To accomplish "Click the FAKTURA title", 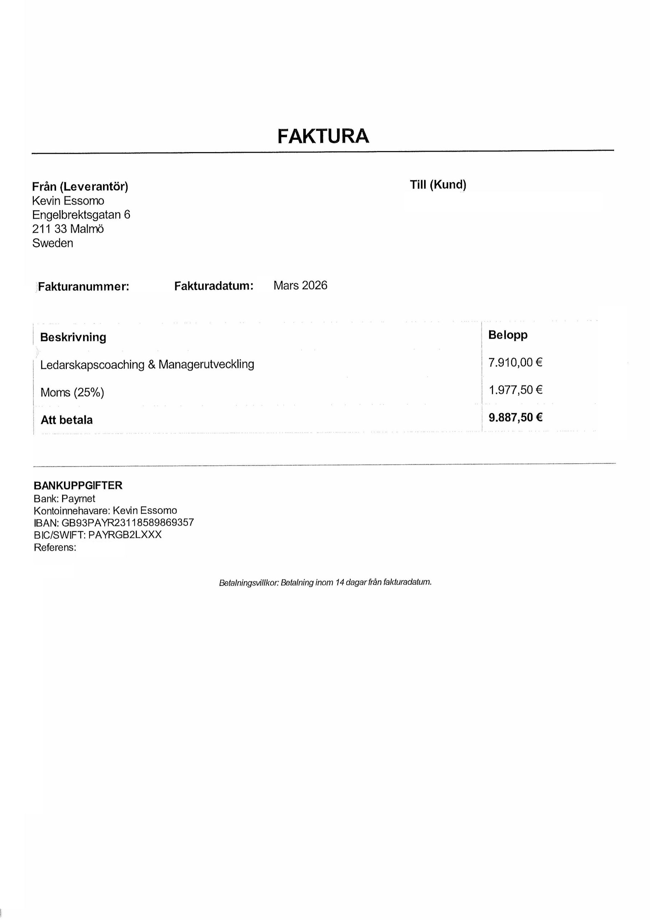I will tap(323, 136).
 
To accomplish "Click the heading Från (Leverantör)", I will tap(80, 186).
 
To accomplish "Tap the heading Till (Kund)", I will tap(438, 185).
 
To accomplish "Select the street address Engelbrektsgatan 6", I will tap(81, 215).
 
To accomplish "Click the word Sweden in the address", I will tap(52, 243).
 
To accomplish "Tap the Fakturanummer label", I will tap(83, 286).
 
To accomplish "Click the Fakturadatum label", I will tap(213, 286).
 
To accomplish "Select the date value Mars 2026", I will tap(300, 285).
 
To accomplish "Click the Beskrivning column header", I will tap(73, 337).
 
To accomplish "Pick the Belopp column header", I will tap(507, 335).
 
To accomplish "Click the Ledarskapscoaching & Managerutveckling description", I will tap(147, 365).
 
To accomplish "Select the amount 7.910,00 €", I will tap(515, 363).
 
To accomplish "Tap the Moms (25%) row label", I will tap(72, 392).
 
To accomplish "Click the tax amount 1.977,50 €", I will tap(515, 390).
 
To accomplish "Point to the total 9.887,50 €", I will tap(515, 418).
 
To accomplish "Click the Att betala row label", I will tap(66, 420).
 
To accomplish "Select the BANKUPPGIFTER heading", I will tap(78, 485).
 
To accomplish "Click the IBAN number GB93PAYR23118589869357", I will tap(128, 523).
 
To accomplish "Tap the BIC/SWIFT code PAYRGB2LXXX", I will tap(125, 534).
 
